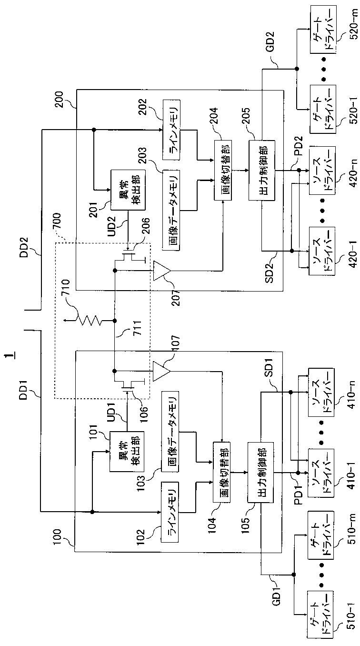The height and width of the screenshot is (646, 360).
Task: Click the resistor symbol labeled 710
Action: (x=90, y=321)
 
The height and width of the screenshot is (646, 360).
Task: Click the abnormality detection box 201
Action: (x=128, y=190)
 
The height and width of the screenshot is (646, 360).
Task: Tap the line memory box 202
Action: (x=171, y=130)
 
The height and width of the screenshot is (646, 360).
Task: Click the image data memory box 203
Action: (x=171, y=211)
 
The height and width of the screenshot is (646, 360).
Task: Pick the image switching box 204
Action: (x=223, y=170)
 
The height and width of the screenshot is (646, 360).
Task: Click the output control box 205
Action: (x=262, y=170)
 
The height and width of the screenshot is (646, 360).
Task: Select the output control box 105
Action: (x=261, y=472)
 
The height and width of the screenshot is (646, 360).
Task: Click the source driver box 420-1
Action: (x=322, y=251)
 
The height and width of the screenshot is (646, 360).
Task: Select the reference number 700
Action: (x=57, y=222)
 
